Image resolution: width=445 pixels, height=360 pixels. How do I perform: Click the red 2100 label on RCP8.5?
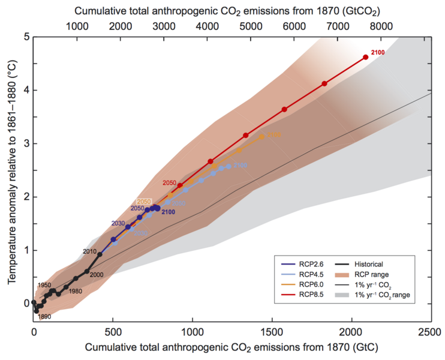click(x=378, y=53)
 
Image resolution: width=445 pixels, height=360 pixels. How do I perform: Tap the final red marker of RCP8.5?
click(x=365, y=57)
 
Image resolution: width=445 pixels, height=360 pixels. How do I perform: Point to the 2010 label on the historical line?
click(x=89, y=251)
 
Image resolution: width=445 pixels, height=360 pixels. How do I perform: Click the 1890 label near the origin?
click(x=44, y=316)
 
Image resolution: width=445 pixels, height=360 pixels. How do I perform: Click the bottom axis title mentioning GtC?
click(x=231, y=347)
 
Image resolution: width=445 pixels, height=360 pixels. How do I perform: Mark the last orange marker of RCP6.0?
click(x=261, y=136)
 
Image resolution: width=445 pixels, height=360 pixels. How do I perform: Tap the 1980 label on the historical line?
click(x=76, y=291)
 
